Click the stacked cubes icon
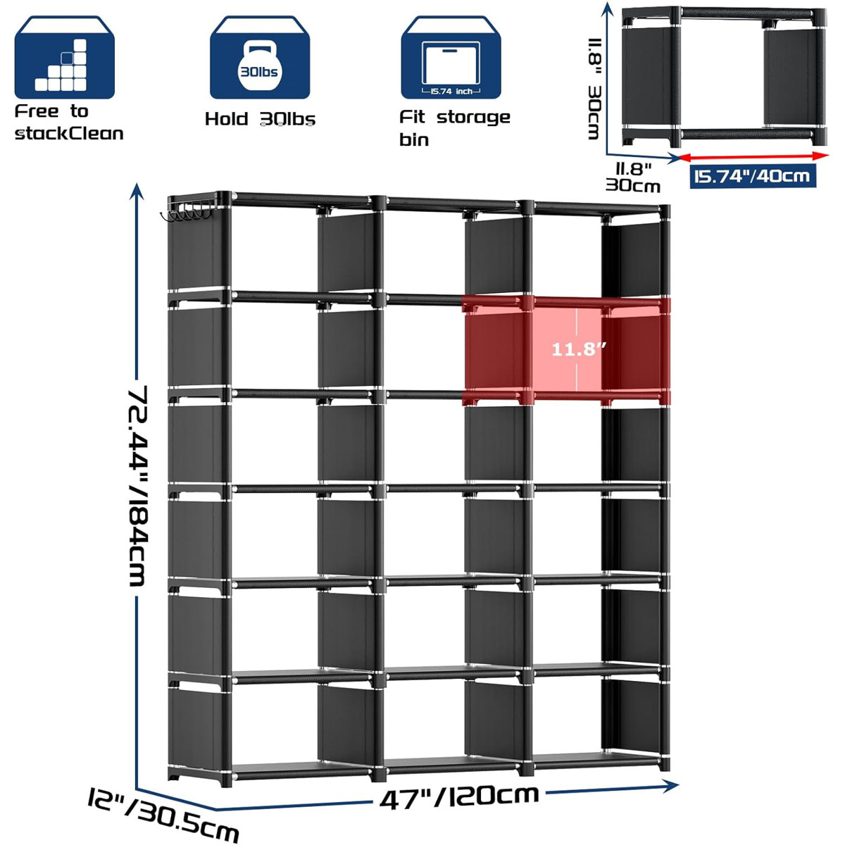[x=64, y=59]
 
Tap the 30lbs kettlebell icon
[x=259, y=59]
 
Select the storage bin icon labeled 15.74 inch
[x=451, y=59]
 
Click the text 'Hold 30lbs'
[x=260, y=119]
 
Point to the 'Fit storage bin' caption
[x=454, y=127]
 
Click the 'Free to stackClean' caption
[x=68, y=123]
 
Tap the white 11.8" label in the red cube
[x=578, y=349]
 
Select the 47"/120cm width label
[x=459, y=796]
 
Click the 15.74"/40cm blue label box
[x=752, y=175]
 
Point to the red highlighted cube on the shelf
[x=565, y=350]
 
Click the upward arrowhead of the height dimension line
[x=137, y=191]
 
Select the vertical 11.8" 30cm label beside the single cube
[x=594, y=87]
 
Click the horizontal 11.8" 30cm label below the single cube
[x=633, y=177]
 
